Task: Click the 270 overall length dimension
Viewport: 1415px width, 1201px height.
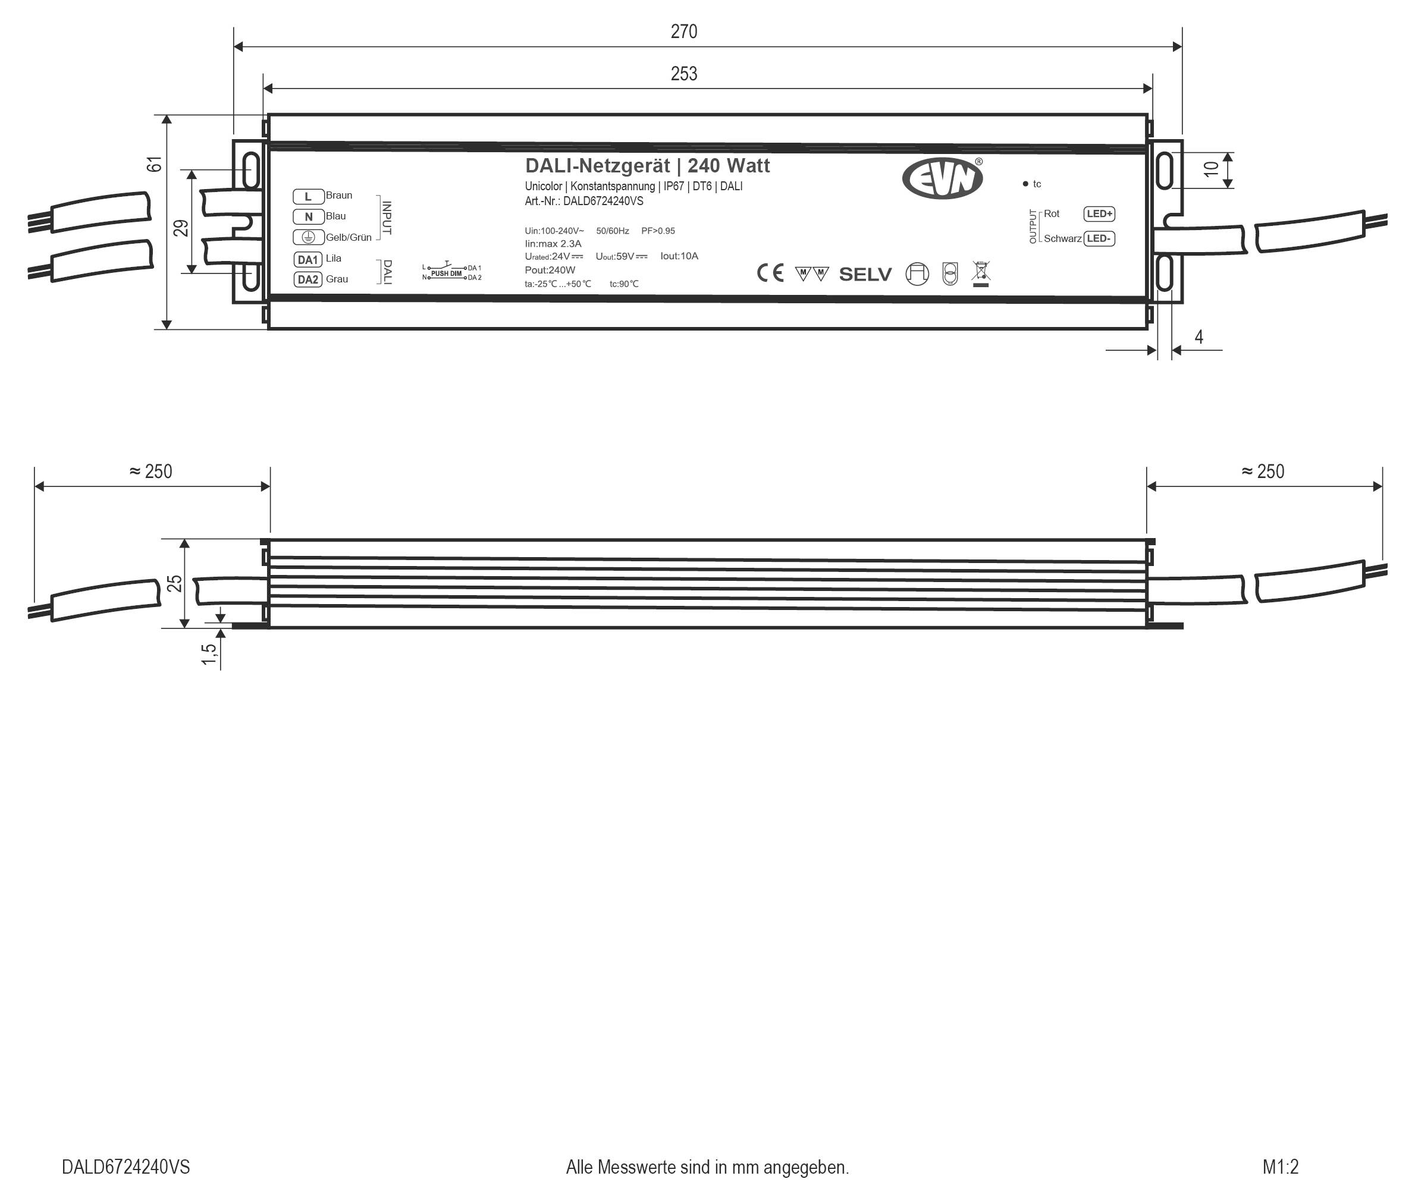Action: [683, 32]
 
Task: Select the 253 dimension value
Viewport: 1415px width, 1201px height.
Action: [683, 74]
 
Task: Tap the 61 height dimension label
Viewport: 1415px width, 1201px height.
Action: [155, 164]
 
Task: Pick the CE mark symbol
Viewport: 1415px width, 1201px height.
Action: [770, 273]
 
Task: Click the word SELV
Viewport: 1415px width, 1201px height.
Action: [865, 274]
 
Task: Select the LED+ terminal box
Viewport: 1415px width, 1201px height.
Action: [1099, 214]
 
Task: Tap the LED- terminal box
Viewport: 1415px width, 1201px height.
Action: [1099, 238]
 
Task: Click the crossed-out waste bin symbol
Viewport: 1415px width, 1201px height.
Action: [981, 273]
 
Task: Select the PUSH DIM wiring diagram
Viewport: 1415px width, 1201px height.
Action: [451, 272]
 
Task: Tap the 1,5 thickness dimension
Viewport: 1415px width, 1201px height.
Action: [209, 654]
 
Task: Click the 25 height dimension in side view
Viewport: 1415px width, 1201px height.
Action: [175, 583]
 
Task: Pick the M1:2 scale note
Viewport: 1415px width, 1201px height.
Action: [1280, 1167]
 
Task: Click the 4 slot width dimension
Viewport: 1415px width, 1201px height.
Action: [1198, 337]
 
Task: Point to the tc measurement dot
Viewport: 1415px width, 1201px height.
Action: [1025, 184]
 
